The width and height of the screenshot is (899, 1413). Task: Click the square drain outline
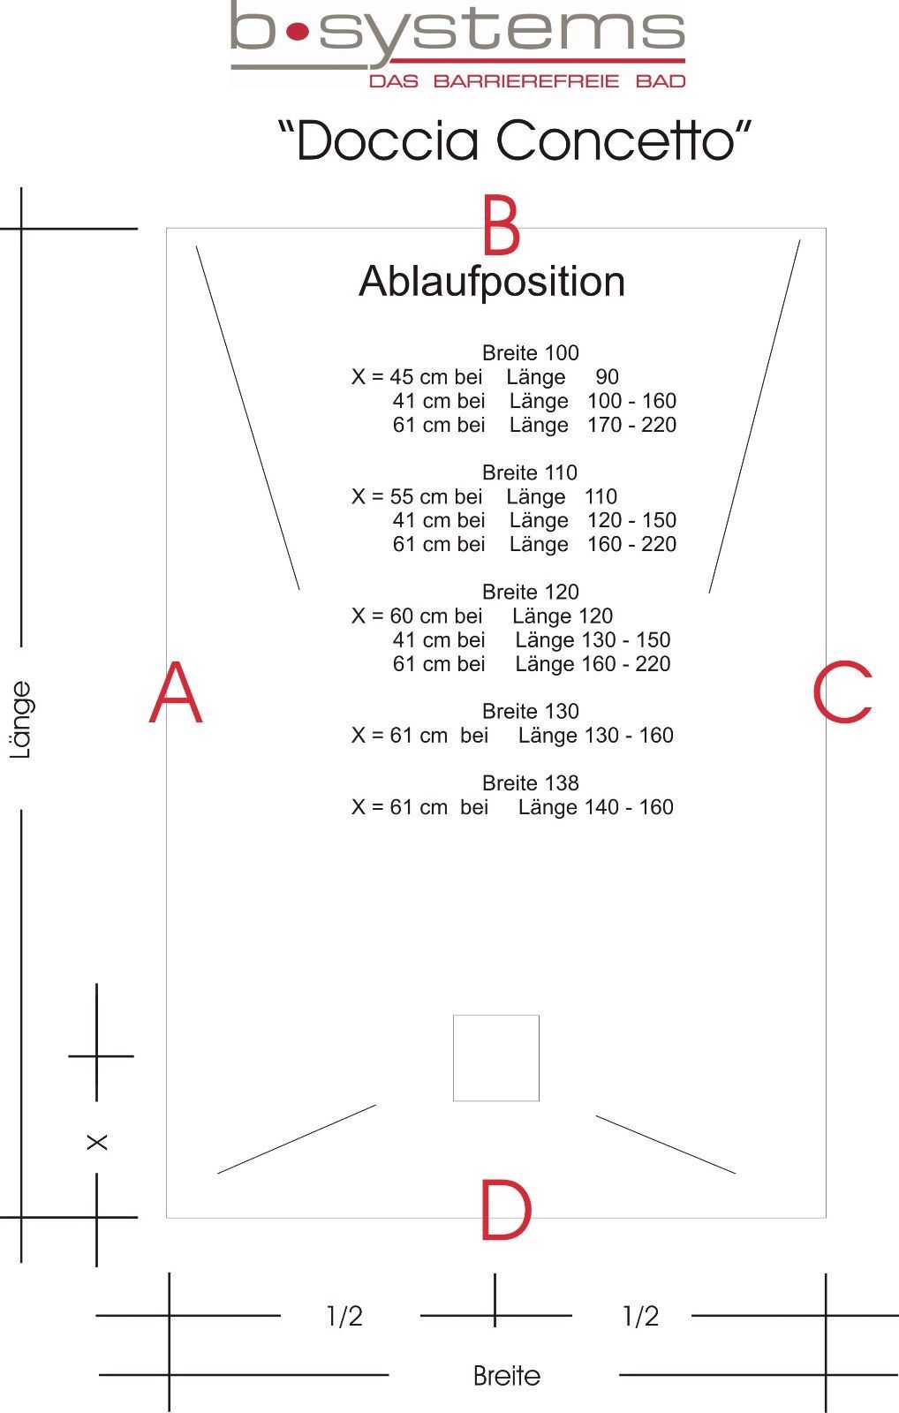tap(496, 1058)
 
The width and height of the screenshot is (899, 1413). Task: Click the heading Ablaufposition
tap(492, 282)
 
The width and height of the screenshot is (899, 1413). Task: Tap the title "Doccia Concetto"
tap(515, 140)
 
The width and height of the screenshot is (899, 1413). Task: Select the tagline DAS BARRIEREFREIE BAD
tap(527, 81)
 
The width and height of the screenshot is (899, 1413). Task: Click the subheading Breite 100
tap(530, 353)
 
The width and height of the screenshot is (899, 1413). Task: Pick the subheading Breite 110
tap(530, 472)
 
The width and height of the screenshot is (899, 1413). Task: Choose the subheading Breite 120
tap(530, 592)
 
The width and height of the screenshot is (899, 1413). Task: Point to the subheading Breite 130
tap(530, 711)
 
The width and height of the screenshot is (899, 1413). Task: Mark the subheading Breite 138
tap(530, 782)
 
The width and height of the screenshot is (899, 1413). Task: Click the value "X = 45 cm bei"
tap(417, 377)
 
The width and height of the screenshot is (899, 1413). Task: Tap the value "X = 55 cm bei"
tap(417, 496)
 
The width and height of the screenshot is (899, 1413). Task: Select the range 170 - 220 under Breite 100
tap(631, 425)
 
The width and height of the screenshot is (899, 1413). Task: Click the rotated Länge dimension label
tap(21, 721)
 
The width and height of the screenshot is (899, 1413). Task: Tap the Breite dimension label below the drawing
tap(506, 1376)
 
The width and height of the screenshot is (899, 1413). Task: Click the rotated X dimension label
tap(97, 1142)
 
